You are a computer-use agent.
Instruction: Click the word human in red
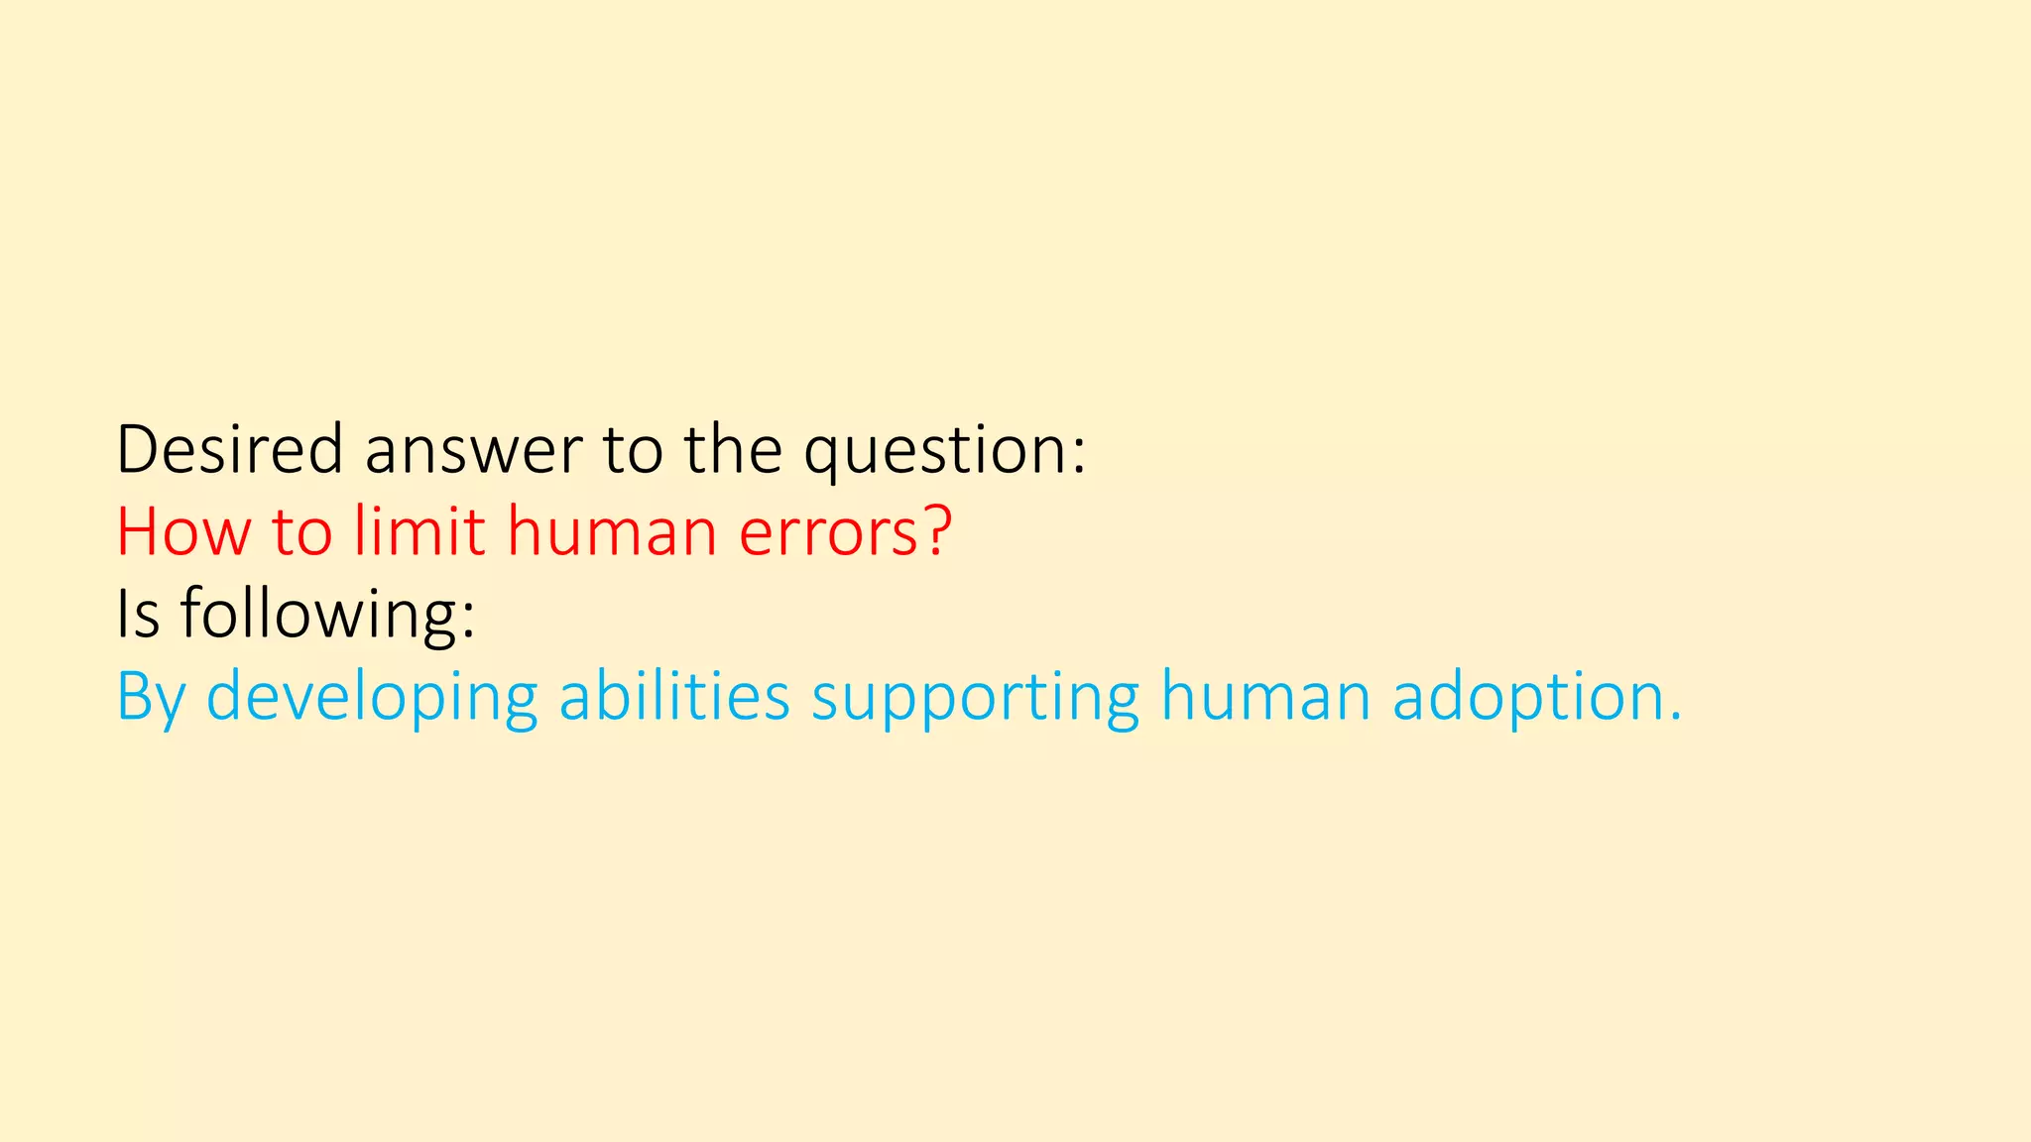tap(612, 531)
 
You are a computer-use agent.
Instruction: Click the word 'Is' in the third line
tap(138, 614)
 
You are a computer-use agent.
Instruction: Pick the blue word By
tap(151, 698)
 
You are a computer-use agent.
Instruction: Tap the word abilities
tap(674, 696)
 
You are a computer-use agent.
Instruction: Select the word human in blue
tap(1265, 696)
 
